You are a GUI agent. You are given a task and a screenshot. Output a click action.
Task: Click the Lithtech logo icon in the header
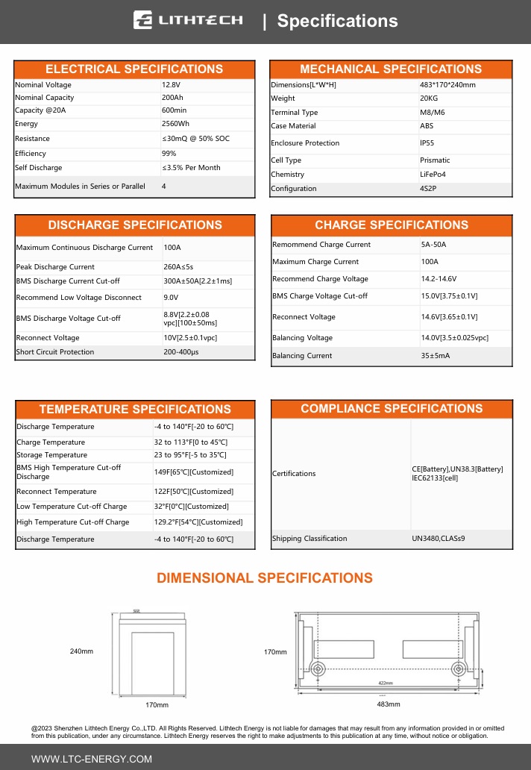pyautogui.click(x=143, y=20)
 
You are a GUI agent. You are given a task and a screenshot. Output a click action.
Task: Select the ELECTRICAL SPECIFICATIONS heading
pyautogui.click(x=134, y=69)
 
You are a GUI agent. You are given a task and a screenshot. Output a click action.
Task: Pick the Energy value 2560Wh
pyautogui.click(x=175, y=124)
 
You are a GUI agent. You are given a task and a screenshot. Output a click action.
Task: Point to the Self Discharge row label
pyautogui.click(x=39, y=168)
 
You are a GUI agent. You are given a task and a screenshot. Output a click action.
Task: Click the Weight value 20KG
pyautogui.click(x=429, y=98)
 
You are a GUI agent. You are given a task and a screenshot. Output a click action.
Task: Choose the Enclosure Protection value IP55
pyautogui.click(x=427, y=143)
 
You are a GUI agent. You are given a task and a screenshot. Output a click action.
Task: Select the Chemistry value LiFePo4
pyautogui.click(x=434, y=175)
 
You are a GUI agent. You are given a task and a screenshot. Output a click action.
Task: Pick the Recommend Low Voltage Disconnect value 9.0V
pyautogui.click(x=172, y=298)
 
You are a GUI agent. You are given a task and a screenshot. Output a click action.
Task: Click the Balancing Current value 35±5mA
pyautogui.click(x=436, y=356)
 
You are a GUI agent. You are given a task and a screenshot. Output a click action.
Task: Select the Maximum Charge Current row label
pyautogui.click(x=315, y=262)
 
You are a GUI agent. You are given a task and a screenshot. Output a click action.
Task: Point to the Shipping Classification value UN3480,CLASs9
pyautogui.click(x=438, y=539)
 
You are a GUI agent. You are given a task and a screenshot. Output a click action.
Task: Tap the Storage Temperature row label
pyautogui.click(x=51, y=455)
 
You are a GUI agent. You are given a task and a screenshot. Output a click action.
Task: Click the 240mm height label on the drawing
pyautogui.click(x=81, y=651)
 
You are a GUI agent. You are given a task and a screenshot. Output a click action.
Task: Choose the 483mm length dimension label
pyautogui.click(x=389, y=704)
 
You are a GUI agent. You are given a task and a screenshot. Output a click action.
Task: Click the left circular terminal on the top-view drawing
pyautogui.click(x=317, y=668)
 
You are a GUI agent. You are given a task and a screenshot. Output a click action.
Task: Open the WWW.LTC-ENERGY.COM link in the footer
pyautogui.click(x=91, y=759)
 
